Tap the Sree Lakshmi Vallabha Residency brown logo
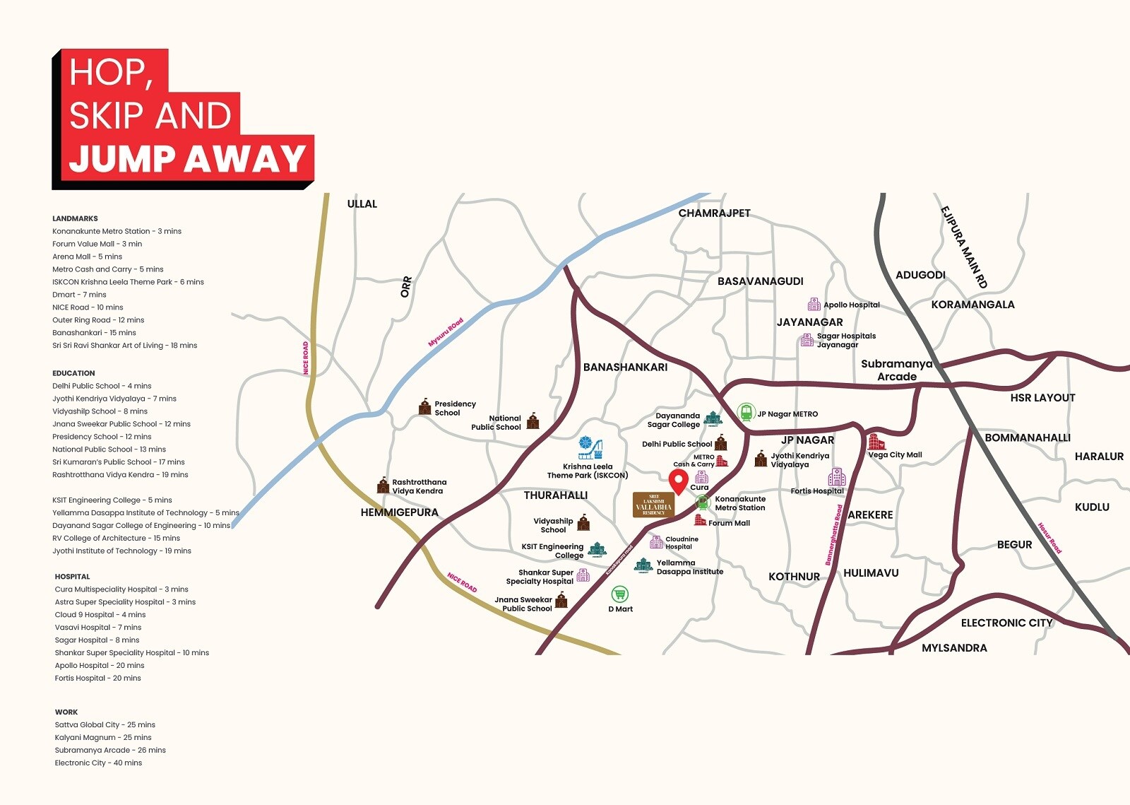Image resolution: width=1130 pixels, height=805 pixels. pos(653,505)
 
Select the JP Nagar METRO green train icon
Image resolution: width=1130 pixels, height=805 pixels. pos(747,412)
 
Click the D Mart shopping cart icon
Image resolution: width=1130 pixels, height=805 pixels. pos(619,594)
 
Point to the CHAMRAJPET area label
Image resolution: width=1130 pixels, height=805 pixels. pos(714,213)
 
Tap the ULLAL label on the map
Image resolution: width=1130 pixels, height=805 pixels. pos(362,204)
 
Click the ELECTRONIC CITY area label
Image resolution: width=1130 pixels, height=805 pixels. pos(1006,623)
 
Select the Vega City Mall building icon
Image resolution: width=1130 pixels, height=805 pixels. pos(876,442)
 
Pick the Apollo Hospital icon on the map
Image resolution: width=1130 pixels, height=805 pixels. pos(814,305)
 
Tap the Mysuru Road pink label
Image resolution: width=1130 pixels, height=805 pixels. pos(446,332)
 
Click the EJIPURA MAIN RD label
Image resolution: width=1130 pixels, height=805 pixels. pos(963,247)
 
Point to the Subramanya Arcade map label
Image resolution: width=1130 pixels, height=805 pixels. pos(896,370)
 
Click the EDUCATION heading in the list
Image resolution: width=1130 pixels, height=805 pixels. pos(73,373)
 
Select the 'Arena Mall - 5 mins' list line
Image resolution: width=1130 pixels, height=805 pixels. pos(87,257)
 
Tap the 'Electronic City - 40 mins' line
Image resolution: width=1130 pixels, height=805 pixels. pos(98,763)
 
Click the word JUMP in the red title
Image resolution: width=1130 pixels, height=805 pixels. pos(122,159)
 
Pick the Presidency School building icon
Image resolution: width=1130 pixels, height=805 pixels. pos(424,406)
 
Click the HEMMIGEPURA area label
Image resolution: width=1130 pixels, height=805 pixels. pos(399,512)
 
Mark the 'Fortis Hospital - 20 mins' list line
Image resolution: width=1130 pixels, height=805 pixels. pos(97,678)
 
